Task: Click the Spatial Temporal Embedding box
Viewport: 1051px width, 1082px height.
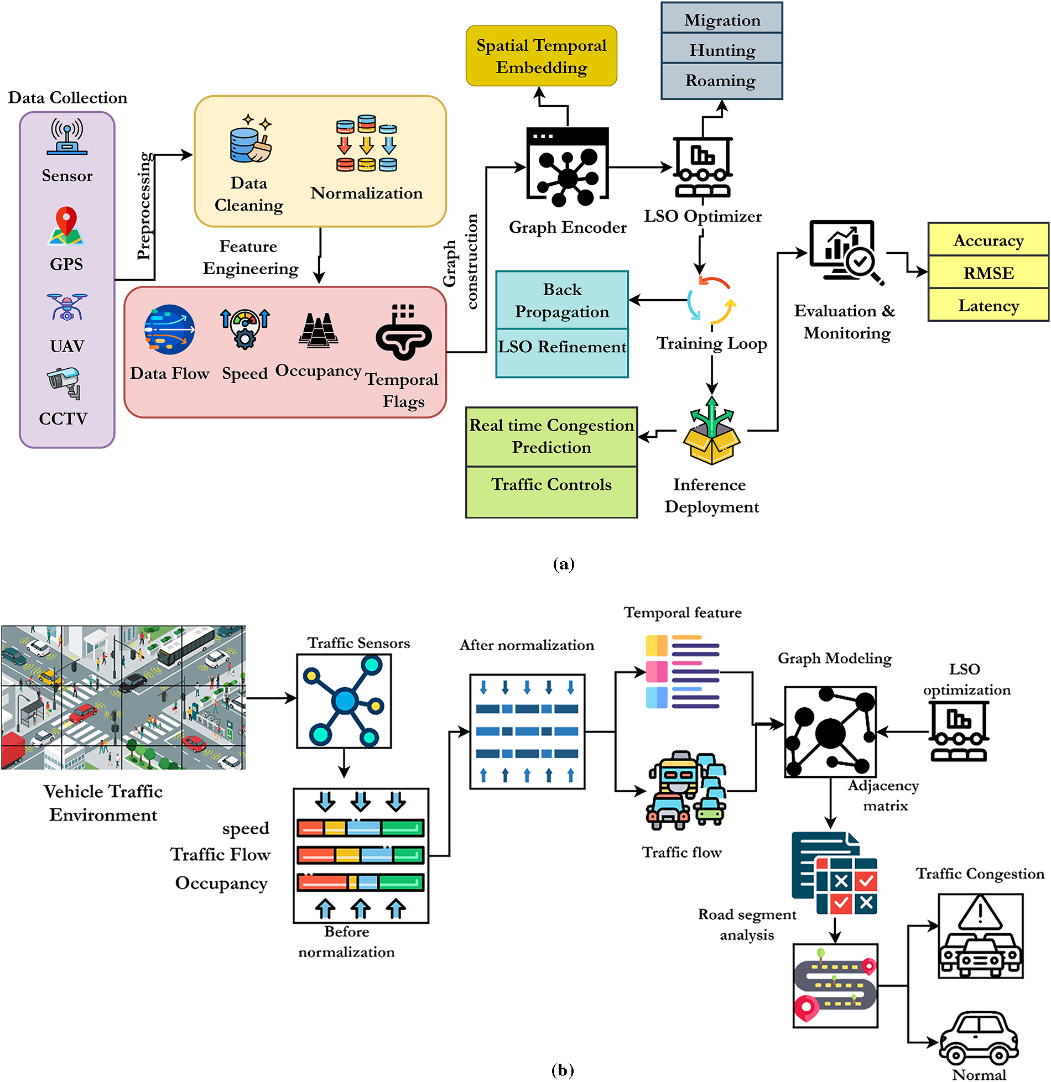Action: coord(541,56)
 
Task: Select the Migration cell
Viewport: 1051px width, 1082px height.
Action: coord(722,18)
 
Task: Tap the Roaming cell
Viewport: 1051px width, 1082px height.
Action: coord(722,81)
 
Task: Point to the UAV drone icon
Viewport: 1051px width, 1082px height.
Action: coord(67,307)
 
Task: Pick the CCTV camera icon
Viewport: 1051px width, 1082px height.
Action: coord(65,383)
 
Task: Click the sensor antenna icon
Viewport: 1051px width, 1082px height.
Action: coord(67,136)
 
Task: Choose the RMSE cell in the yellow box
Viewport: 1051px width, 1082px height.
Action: coord(988,272)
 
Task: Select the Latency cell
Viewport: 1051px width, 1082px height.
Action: coord(988,305)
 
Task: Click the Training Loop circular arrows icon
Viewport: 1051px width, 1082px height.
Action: coord(712,300)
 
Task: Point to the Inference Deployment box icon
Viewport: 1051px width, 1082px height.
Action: coord(712,431)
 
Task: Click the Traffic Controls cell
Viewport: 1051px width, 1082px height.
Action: coord(551,492)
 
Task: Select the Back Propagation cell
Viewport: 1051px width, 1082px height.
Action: coord(562,300)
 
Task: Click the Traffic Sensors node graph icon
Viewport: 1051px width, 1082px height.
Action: coord(344,701)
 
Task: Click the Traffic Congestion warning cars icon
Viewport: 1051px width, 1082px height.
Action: coord(981,936)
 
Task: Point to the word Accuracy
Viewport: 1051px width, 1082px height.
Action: coord(988,241)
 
